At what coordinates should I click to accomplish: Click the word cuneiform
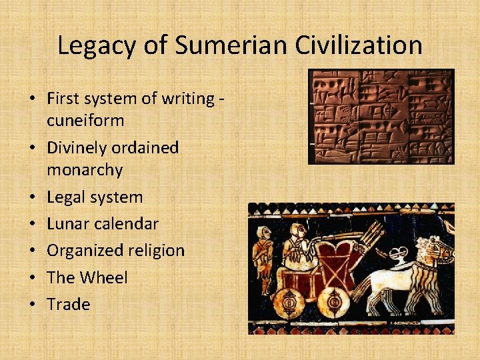pyautogui.click(x=85, y=121)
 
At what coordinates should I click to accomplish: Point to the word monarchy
pyautogui.click(x=85, y=170)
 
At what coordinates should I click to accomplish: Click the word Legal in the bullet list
pyautogui.click(x=66, y=197)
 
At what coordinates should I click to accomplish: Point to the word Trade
pyautogui.click(x=68, y=304)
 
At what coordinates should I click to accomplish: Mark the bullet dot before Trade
pyautogui.click(x=31, y=305)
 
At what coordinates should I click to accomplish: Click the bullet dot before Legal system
pyautogui.click(x=31, y=198)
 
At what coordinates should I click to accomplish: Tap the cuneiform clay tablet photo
pyautogui.click(x=381, y=117)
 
